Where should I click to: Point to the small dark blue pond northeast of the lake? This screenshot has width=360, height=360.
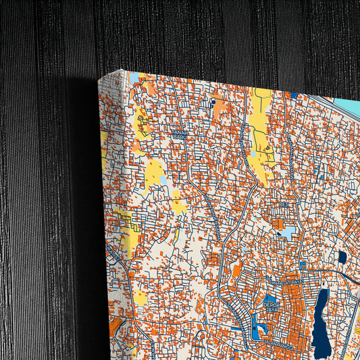pyautogui.click(x=342, y=257)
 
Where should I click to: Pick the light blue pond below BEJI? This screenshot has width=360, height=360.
pyautogui.click(x=287, y=232)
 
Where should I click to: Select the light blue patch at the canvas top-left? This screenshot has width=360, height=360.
pyautogui.click(x=134, y=76)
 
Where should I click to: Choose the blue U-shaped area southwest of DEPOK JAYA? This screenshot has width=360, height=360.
pyautogui.click(x=257, y=332)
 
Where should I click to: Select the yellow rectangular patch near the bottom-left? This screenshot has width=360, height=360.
pyautogui.click(x=140, y=297)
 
